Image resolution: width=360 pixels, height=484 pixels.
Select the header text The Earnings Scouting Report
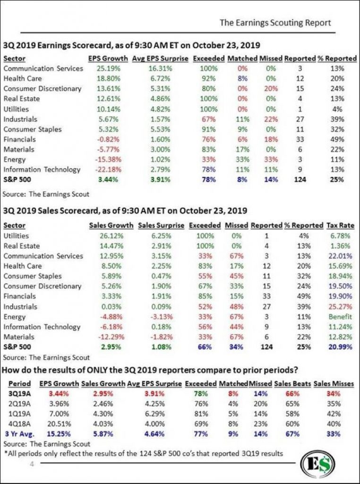click(x=275, y=23)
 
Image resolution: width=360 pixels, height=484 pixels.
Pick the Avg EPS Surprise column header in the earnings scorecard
click(x=160, y=58)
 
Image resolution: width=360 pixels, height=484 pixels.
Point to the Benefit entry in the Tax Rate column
click(x=340, y=317)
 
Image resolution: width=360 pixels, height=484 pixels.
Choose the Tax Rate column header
click(x=340, y=225)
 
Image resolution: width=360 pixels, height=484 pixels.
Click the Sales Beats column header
click(x=292, y=384)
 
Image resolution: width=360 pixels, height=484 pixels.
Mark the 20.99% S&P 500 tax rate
click(x=340, y=347)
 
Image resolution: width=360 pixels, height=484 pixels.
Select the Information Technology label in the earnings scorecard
click(x=42, y=170)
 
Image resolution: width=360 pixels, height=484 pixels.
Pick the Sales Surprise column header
click(x=161, y=225)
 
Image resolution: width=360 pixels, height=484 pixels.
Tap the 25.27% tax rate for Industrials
click(x=340, y=306)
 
